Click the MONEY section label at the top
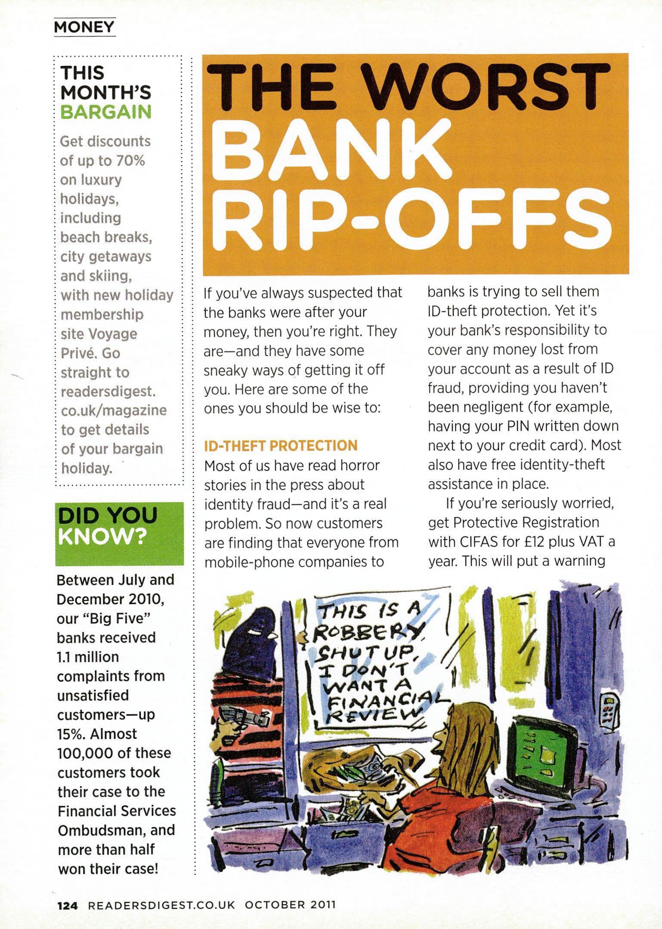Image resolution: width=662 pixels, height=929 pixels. coord(84,28)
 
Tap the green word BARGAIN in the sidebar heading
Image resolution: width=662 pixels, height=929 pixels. coord(106,112)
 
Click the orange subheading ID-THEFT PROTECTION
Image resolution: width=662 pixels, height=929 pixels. coord(281,445)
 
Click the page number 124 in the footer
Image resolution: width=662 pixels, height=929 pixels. coord(68,902)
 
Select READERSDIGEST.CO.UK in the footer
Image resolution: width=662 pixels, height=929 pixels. coord(162,902)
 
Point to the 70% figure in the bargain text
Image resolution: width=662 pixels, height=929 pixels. coord(129,160)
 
